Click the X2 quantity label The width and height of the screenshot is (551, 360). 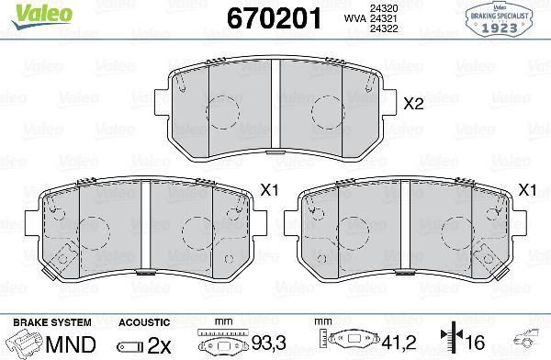413,104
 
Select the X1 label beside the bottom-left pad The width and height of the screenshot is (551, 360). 269,190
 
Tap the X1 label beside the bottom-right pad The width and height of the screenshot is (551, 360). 527,190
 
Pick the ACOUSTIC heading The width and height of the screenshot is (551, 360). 144,321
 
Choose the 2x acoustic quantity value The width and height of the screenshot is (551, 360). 159,344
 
